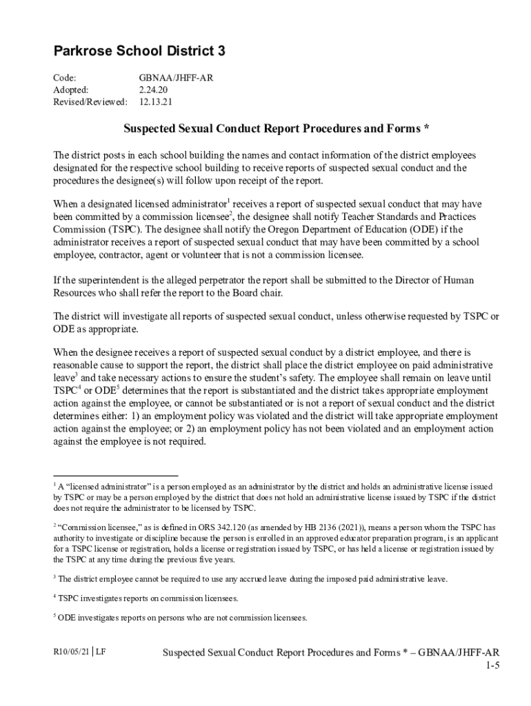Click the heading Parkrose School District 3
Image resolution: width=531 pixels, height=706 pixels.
point(139,51)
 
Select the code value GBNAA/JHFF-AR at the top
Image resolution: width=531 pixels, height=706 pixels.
point(176,78)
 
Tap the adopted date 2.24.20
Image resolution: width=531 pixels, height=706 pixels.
point(154,90)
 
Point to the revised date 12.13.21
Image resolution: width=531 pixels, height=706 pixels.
point(156,102)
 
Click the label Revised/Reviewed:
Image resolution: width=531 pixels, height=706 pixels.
point(90,102)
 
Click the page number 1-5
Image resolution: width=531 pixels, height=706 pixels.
point(491,666)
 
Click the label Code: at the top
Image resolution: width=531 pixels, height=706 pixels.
point(65,78)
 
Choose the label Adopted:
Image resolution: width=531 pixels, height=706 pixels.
point(72,90)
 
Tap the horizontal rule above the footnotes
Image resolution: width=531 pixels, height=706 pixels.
point(116,475)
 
